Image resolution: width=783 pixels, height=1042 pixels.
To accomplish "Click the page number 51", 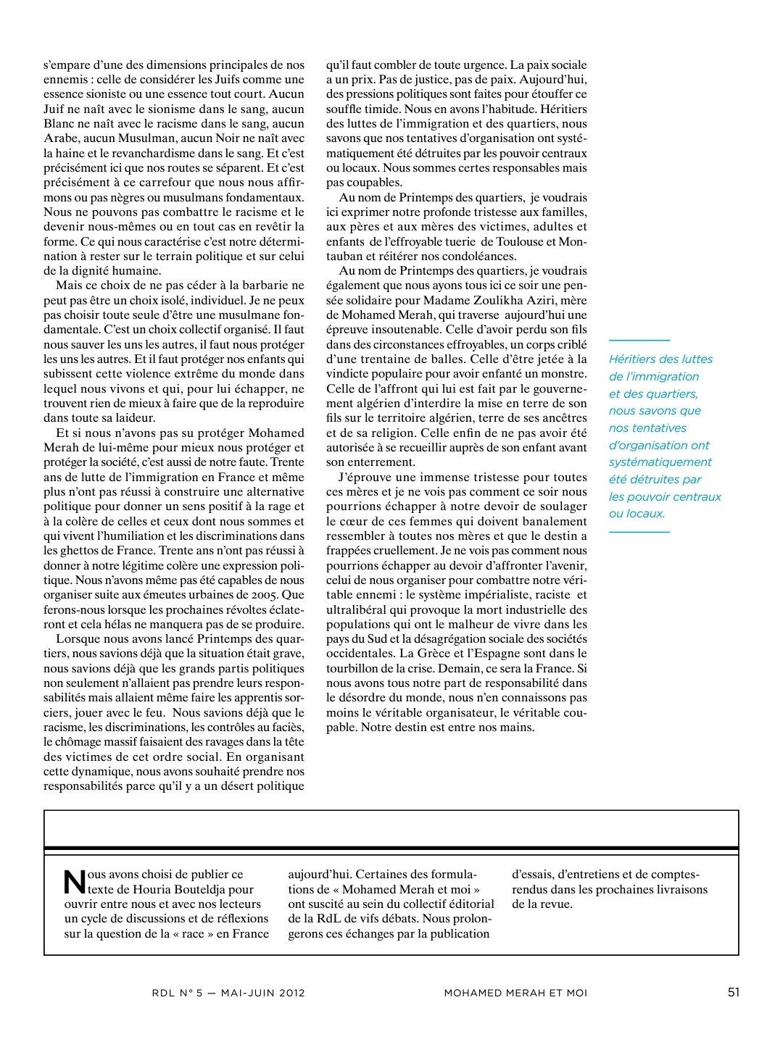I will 733,992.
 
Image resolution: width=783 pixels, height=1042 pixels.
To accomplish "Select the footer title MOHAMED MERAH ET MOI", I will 515,993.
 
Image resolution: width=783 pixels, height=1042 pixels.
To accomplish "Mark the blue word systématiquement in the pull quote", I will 660,462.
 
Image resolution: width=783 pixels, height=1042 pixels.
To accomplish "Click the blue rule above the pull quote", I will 639,340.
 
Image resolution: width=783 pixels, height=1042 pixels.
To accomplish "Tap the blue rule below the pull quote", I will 639,532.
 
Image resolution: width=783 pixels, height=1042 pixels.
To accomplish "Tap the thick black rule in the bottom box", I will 391,848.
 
